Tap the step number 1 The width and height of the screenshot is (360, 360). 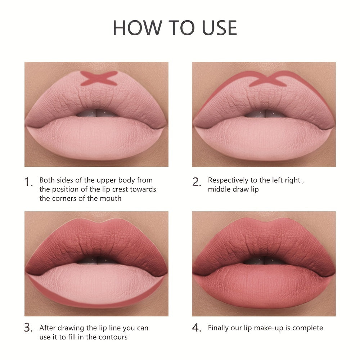pyautogui.click(x=29, y=182)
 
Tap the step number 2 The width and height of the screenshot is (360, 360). pyautogui.click(x=196, y=182)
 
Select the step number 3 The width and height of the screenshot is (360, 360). pyautogui.click(x=29, y=328)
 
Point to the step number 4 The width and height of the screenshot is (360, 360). pyautogui.click(x=196, y=328)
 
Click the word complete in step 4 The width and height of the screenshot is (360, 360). pyautogui.click(x=308, y=328)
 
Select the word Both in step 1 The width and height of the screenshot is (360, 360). pyautogui.click(x=47, y=180)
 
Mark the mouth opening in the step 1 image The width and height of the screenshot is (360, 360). pyautogui.click(x=96, y=112)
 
